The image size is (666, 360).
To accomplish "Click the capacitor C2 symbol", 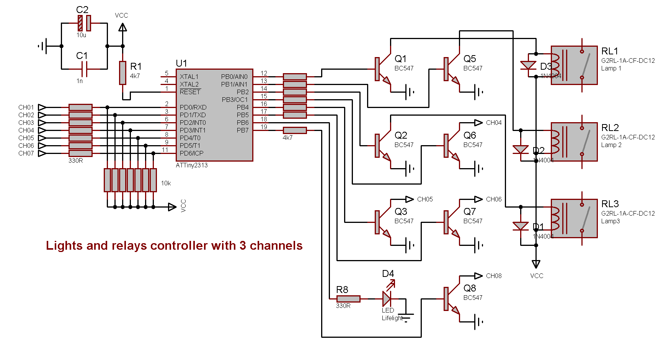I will [x=84, y=23].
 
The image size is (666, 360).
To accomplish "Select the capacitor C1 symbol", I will [x=84, y=69].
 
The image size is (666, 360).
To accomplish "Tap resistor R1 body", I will [x=122, y=73].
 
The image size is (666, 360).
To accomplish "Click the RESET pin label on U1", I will [x=190, y=92].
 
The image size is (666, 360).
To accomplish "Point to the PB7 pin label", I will [x=243, y=130].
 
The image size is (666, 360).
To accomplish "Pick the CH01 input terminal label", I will [x=26, y=107].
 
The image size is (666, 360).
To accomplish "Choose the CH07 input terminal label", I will [x=26, y=153].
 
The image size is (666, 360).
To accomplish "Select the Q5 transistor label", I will [x=470, y=59].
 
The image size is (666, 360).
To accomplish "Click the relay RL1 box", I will [x=574, y=65].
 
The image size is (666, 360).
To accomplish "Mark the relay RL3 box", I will [x=574, y=218].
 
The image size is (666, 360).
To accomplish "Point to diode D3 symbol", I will [x=529, y=65].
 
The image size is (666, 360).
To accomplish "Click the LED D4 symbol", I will [x=387, y=298].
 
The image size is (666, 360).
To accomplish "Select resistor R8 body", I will [x=348, y=299].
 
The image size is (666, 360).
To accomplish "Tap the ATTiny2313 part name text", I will [x=192, y=165].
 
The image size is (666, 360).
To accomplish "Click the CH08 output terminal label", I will [x=494, y=276].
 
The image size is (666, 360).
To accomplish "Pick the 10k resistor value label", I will [x=166, y=183].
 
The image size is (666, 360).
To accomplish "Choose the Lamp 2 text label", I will [x=611, y=145].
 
